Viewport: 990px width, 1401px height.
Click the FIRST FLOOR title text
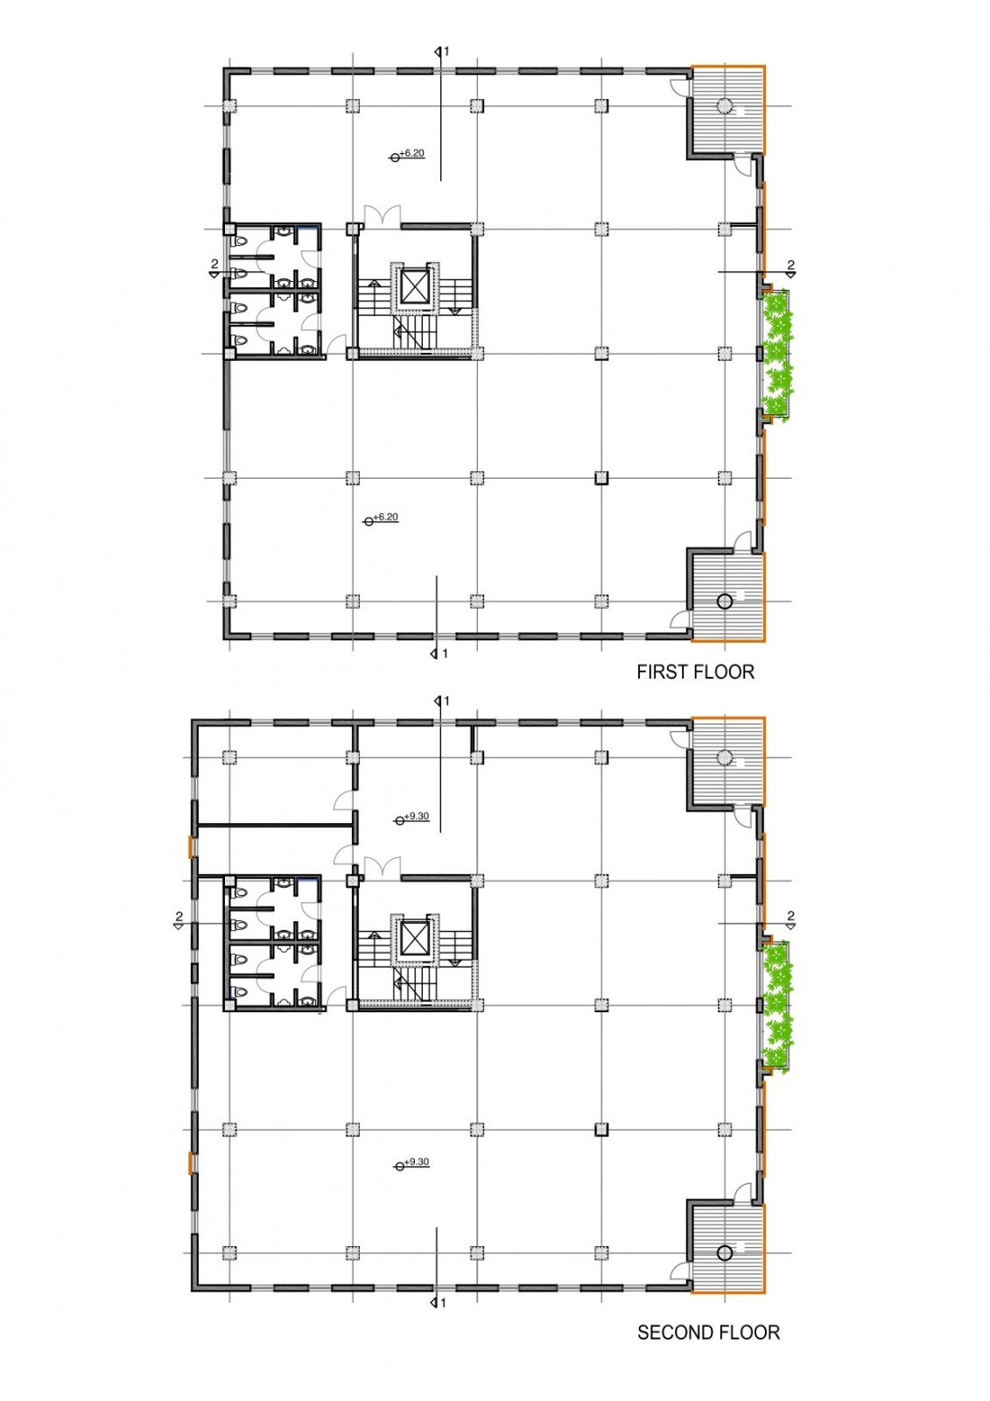pyautogui.click(x=695, y=672)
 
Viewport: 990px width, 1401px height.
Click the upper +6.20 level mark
pyautogui.click(x=408, y=154)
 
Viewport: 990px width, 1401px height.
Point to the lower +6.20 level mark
pyautogui.click(x=382, y=518)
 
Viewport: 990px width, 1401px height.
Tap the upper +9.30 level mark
pyautogui.click(x=412, y=818)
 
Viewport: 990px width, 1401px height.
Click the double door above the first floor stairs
pyautogui.click(x=383, y=214)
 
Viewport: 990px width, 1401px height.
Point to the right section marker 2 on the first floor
pyautogui.click(x=790, y=268)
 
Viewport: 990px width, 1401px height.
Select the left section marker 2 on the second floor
pyautogui.click(x=179, y=920)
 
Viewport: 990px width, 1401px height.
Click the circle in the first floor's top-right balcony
pyautogui.click(x=724, y=106)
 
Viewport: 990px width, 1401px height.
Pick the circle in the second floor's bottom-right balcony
pyautogui.click(x=724, y=1253)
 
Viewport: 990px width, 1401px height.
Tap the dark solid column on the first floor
pyautogui.click(x=601, y=478)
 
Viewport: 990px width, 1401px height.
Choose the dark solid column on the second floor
pyautogui.click(x=601, y=1130)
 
